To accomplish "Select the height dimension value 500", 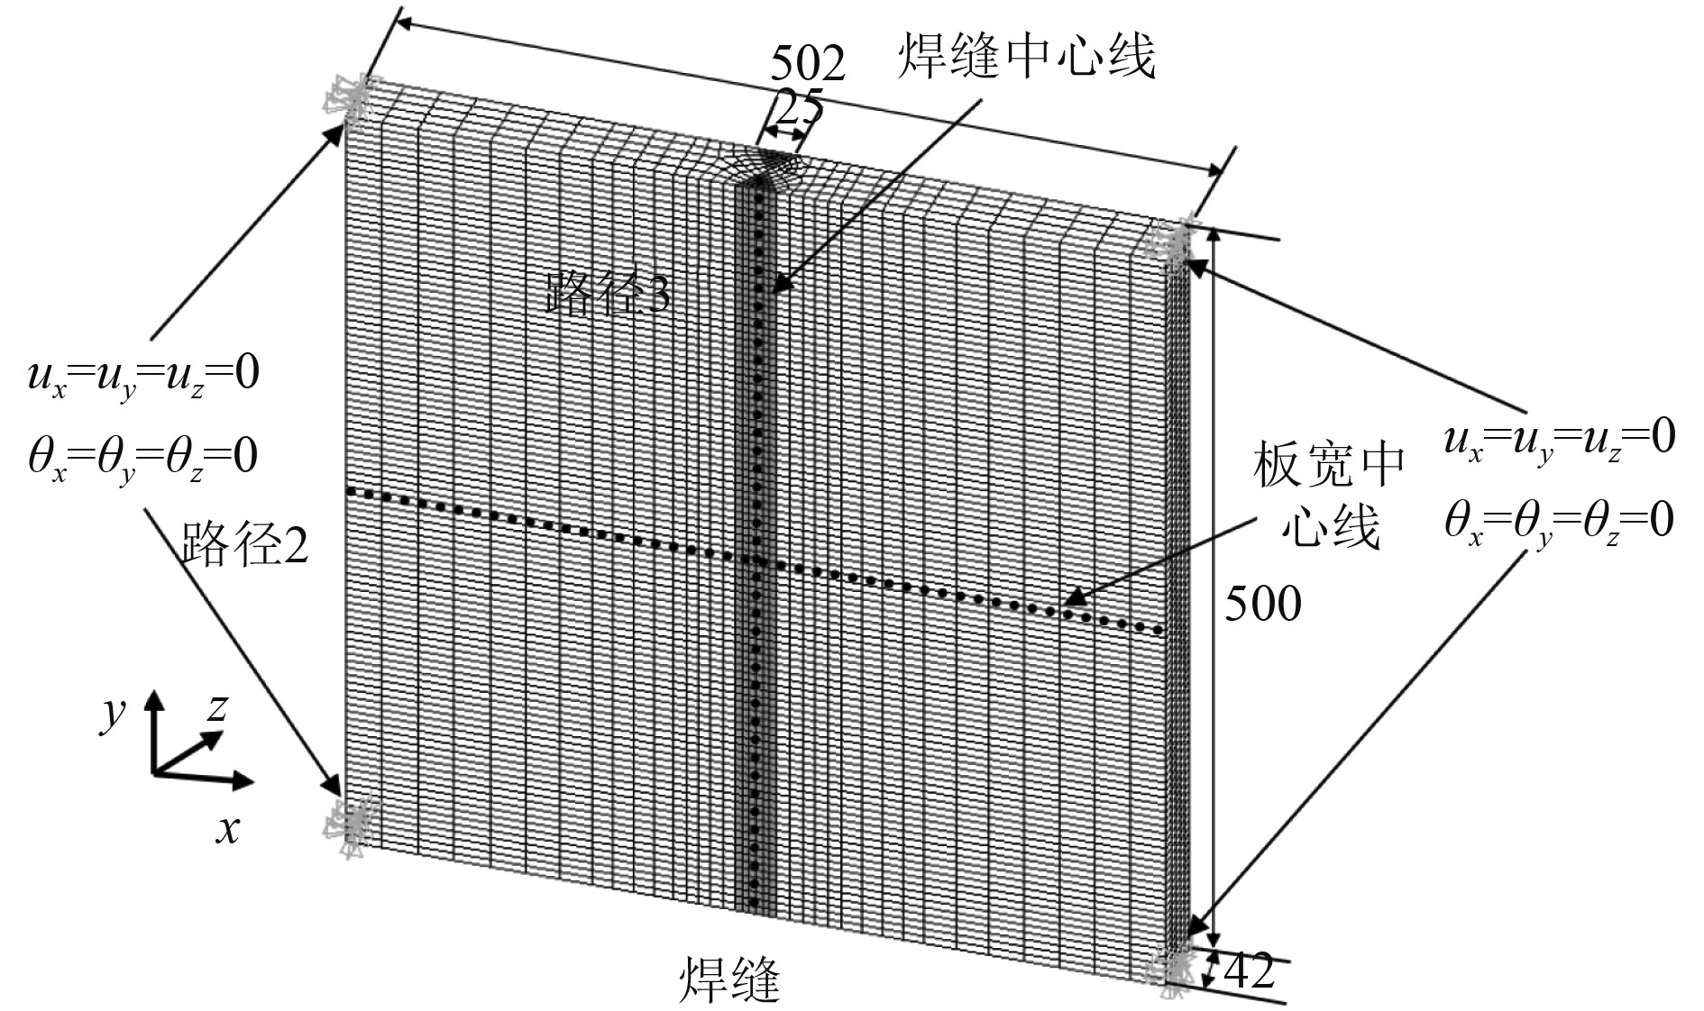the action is click(1262, 604).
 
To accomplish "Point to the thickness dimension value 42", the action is click(1251, 971).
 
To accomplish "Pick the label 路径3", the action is click(608, 292).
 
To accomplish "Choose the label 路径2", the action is click(244, 544).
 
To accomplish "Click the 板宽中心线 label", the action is click(1329, 495).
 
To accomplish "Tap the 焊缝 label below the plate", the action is click(728, 979).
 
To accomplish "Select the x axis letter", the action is click(228, 827).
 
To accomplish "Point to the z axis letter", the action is click(216, 709).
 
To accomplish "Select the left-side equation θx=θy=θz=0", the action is click(142, 457).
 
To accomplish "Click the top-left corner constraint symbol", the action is click(350, 99).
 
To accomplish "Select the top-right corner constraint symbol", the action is click(1175, 238).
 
